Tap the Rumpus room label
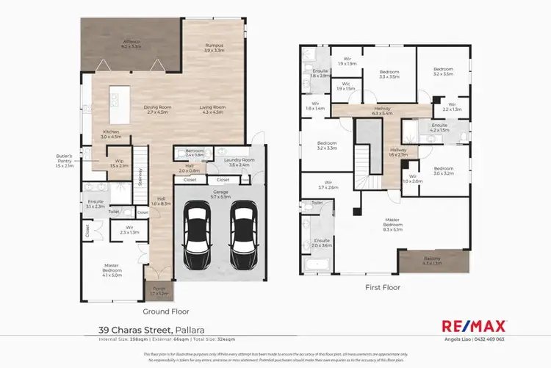(214, 48)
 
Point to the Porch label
(159, 291)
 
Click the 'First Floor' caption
(382, 287)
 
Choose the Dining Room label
(156, 110)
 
